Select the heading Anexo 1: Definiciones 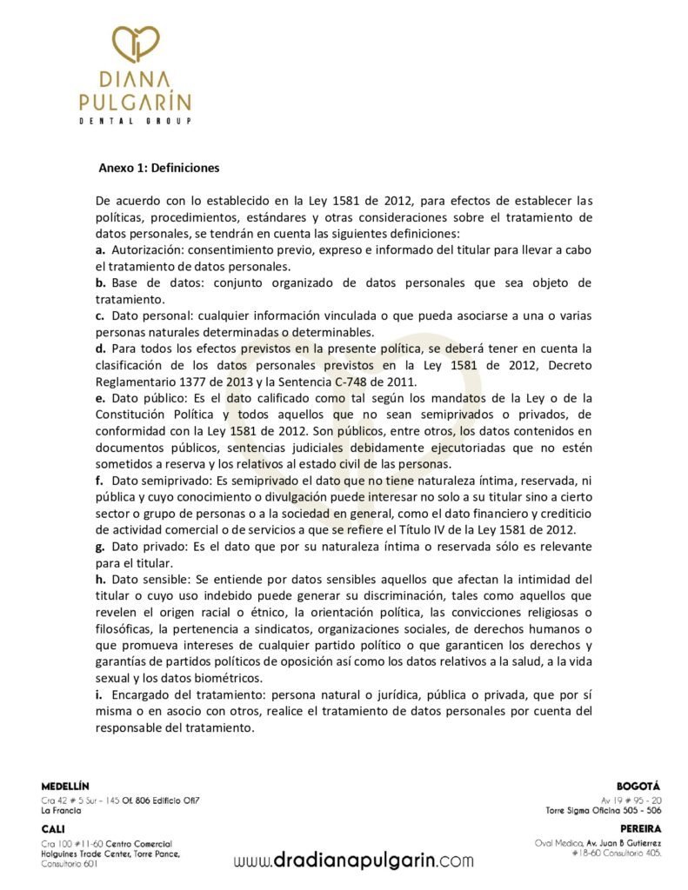[x=158, y=168]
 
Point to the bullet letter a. [x=100, y=250]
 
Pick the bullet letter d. [x=100, y=349]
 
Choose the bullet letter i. [x=99, y=695]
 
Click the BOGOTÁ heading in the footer [x=638, y=786]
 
